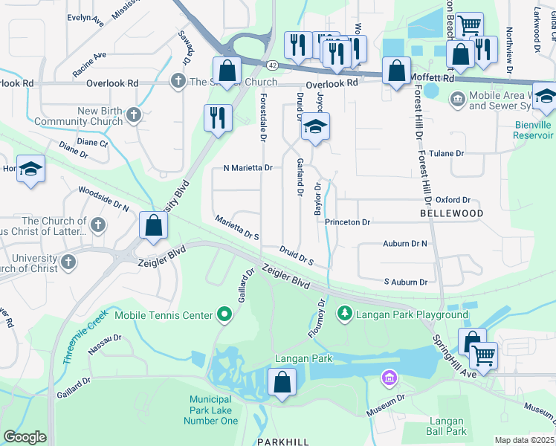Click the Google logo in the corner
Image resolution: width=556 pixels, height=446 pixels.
point(25,437)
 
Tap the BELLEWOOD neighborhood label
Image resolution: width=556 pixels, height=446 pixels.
point(451,213)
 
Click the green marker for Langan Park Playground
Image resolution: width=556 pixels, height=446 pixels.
point(343,315)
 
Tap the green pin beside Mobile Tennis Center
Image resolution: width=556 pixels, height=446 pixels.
point(224,315)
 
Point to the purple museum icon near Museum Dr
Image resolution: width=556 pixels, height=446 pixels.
point(387,379)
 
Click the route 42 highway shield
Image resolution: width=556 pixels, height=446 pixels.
point(273,66)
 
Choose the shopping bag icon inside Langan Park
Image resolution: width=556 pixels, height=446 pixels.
point(282,383)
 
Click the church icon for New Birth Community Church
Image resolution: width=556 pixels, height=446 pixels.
point(133,114)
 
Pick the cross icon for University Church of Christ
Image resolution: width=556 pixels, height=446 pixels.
point(68,262)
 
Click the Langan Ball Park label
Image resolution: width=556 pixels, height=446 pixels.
point(447,426)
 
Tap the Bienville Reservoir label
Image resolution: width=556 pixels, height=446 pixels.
point(534,130)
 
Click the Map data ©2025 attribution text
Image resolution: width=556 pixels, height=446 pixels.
point(524,440)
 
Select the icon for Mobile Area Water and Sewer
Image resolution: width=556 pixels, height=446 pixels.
point(456,98)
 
